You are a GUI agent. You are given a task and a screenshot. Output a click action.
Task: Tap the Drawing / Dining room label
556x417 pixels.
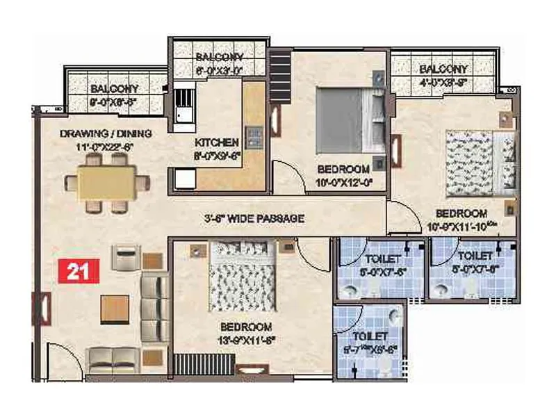coord(106,133)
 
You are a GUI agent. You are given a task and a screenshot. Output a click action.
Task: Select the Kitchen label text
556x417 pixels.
coord(217,142)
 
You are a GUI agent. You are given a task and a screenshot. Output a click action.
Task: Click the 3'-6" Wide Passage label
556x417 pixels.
coord(254,218)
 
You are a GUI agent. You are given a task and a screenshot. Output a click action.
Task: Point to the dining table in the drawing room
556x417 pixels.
coord(106,182)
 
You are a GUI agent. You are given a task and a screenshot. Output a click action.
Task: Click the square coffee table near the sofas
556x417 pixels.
coord(115,309)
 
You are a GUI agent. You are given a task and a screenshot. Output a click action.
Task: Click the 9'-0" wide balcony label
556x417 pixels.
coord(114,89)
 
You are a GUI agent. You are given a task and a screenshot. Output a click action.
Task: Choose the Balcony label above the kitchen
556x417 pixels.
coord(219,56)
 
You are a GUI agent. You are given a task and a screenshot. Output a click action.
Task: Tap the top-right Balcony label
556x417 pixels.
coord(443,69)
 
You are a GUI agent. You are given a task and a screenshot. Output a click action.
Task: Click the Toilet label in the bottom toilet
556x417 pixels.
coord(369,338)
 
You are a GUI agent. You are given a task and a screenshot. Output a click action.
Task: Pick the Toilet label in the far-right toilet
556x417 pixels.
coord(476,256)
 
